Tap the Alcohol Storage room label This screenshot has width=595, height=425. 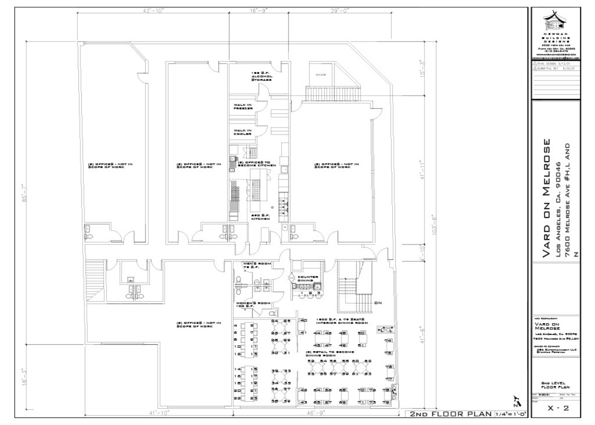262,76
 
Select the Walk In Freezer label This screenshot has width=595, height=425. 243,107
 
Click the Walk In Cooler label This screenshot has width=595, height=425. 242,131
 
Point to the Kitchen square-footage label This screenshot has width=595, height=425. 260,216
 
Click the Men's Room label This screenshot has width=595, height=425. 252,265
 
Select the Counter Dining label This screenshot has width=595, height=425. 308,279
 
